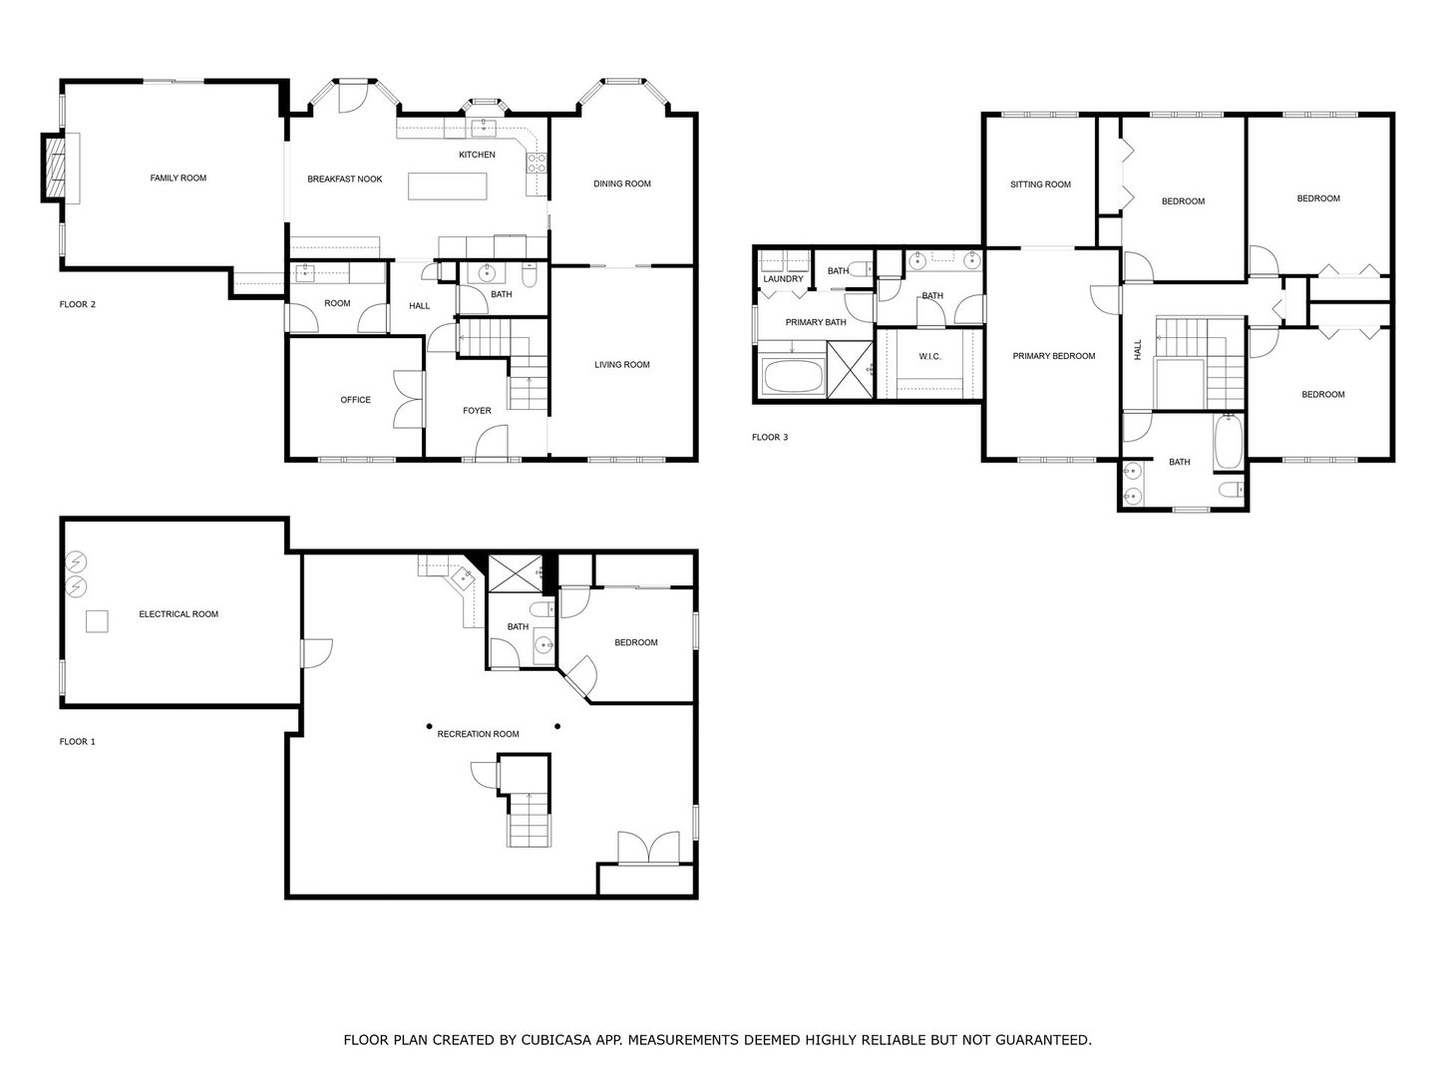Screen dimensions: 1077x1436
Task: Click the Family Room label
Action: click(179, 179)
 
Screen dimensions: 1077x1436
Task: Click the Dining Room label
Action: click(621, 183)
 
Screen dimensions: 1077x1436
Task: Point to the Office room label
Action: click(355, 400)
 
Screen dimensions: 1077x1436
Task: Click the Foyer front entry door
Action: click(492, 443)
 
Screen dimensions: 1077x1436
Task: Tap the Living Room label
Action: click(621, 365)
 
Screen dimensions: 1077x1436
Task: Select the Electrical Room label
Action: click(179, 614)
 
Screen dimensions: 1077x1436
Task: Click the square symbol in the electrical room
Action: click(97, 621)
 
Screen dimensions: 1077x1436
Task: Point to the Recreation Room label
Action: click(478, 734)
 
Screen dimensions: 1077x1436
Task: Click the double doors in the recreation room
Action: click(648, 848)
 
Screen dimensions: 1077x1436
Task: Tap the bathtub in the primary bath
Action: click(792, 378)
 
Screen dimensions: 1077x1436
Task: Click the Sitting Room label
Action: click(1040, 184)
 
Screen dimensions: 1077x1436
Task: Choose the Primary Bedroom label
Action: click(1053, 356)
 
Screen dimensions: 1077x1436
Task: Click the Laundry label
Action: click(783, 279)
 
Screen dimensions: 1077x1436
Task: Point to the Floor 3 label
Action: click(770, 437)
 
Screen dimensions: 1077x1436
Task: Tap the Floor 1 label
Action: click(78, 742)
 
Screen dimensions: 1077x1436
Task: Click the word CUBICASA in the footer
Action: click(556, 1040)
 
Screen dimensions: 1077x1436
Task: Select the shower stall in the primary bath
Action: click(850, 369)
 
